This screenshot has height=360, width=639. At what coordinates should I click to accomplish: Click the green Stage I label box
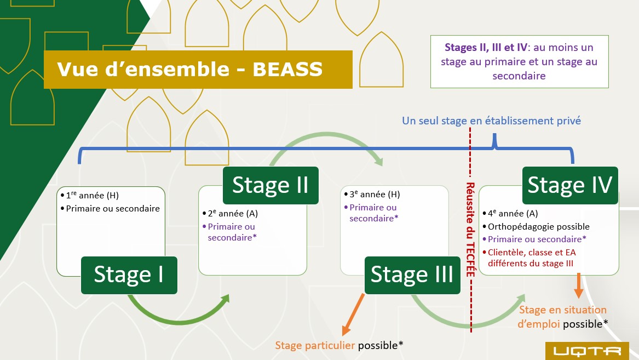[129, 275]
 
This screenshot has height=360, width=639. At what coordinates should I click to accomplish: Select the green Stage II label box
[270, 185]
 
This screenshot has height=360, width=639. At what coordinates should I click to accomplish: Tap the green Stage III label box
[412, 275]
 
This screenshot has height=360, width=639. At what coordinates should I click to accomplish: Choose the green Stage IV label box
[569, 185]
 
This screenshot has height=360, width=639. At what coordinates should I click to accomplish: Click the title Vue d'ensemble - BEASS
[189, 70]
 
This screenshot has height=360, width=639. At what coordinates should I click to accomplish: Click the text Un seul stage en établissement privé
[491, 121]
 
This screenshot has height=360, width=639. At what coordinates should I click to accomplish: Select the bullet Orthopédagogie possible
[537, 226]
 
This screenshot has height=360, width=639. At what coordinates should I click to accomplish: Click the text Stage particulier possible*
[339, 345]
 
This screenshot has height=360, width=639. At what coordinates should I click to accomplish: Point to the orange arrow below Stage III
[353, 315]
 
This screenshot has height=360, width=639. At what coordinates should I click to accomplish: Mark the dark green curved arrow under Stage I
[175, 315]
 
